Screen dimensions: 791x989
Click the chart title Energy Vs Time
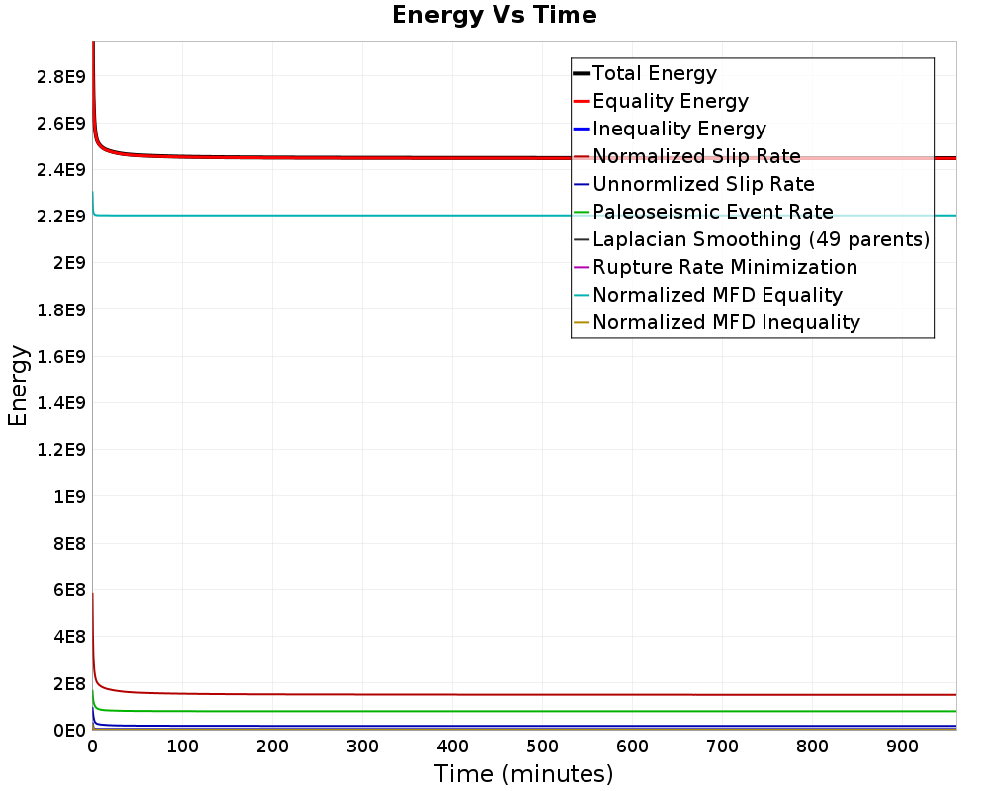(494, 16)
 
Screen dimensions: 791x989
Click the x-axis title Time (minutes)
(523, 773)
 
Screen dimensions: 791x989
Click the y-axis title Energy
(18, 387)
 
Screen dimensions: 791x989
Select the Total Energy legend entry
(654, 73)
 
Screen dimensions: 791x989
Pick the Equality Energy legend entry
(670, 101)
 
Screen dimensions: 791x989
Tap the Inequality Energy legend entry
(678, 129)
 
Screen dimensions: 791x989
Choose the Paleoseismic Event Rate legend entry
(712, 212)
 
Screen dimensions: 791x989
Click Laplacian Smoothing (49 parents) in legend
(761, 239)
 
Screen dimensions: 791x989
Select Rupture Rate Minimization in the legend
(725, 267)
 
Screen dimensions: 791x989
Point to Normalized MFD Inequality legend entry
(726, 322)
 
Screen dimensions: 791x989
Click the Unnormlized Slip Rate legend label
(703, 184)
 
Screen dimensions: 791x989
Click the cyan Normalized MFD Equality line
(396, 215)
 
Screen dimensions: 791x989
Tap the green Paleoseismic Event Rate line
(396, 711)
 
